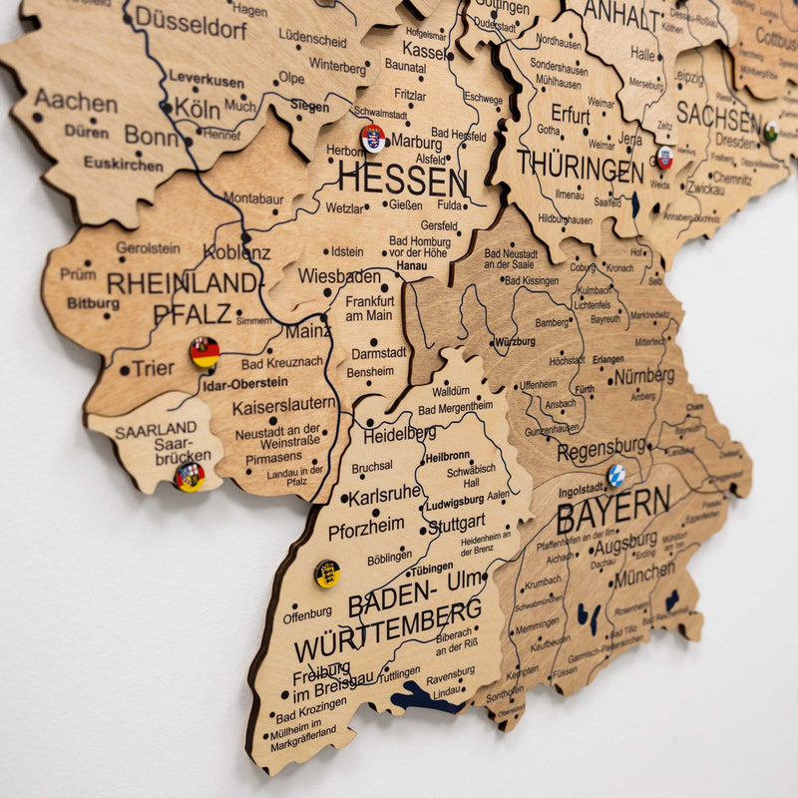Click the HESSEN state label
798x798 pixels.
point(401,181)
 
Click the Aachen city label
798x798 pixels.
point(76,101)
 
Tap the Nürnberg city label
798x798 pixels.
point(644,376)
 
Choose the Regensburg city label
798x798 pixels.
point(601,448)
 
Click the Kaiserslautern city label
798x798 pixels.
point(283,407)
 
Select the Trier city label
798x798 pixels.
point(153,368)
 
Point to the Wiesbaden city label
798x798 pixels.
point(339,275)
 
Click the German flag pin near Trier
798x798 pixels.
point(204,351)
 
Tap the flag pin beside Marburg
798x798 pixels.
point(373,138)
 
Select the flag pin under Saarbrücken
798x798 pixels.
point(189,477)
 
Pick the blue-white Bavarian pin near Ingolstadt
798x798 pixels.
point(616,475)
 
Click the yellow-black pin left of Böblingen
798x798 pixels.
point(327,573)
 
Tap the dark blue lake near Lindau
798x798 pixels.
point(425,697)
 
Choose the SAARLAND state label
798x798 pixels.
point(156,431)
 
